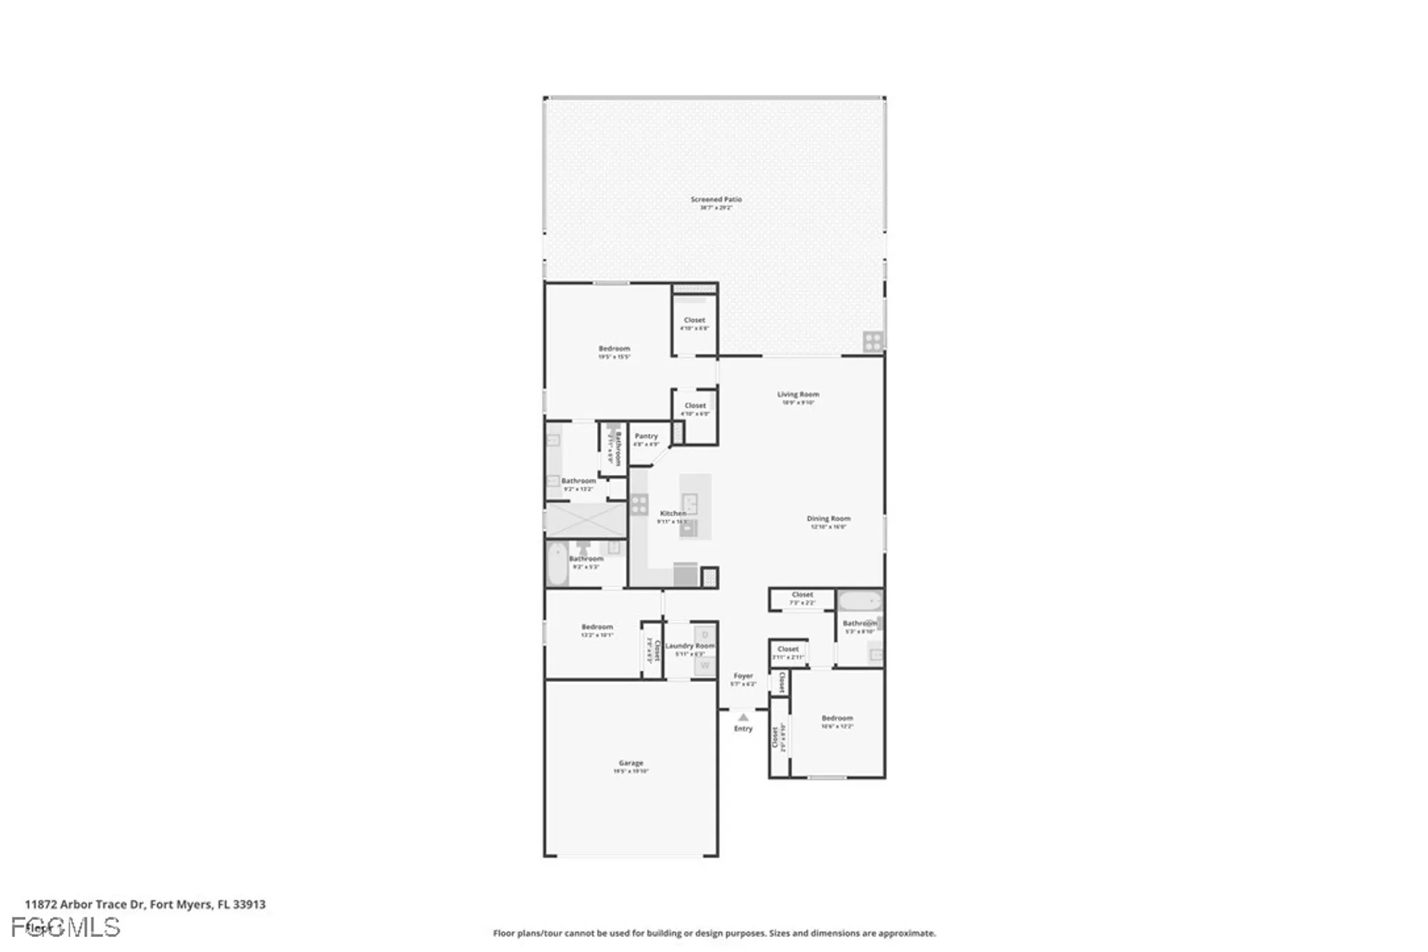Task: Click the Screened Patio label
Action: pos(715,200)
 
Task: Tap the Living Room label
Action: pos(798,394)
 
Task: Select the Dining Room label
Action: pos(828,519)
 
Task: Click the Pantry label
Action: pos(646,436)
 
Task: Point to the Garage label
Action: pos(631,763)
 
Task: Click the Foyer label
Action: pos(743,676)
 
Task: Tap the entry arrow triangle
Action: pos(743,717)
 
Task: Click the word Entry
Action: pos(743,729)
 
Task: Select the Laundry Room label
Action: pos(689,646)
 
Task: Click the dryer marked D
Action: pos(705,634)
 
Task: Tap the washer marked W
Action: pos(705,666)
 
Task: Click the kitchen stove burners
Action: pos(639,504)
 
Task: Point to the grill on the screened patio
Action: pos(873,342)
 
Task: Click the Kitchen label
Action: pos(673,513)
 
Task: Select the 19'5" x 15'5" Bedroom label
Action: pos(614,349)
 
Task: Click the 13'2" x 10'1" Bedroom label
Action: pos(597,627)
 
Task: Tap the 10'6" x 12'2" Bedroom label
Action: pos(837,718)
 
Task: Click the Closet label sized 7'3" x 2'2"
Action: pos(802,595)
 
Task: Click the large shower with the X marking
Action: pos(585,520)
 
